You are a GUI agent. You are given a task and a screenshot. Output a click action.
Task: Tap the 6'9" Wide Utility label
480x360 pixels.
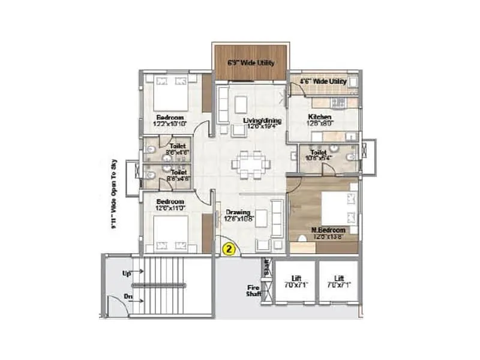(250, 62)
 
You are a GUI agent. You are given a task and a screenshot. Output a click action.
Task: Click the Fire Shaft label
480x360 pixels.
(252, 290)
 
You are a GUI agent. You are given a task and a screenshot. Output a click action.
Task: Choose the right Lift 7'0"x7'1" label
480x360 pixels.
(339, 281)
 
